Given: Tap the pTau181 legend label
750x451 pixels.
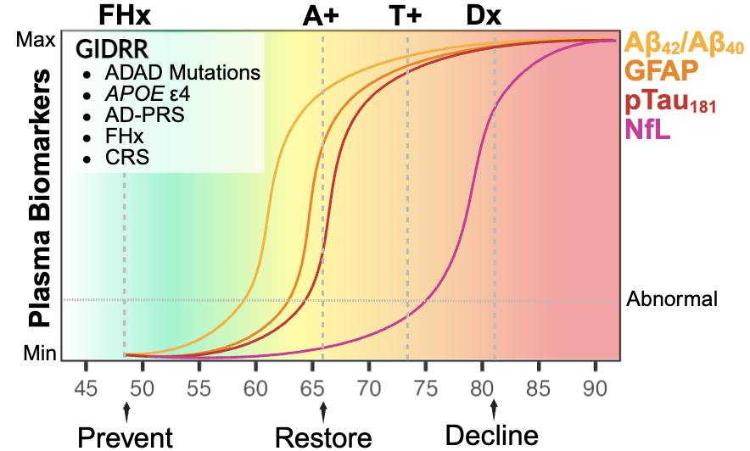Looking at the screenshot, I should [x=669, y=101].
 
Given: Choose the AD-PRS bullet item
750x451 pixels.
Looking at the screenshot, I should [x=144, y=115].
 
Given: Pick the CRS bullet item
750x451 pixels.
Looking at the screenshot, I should [x=126, y=158].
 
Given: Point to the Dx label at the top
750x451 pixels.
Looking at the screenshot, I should [x=484, y=16].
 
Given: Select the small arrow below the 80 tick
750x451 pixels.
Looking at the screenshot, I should [x=494, y=410].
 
